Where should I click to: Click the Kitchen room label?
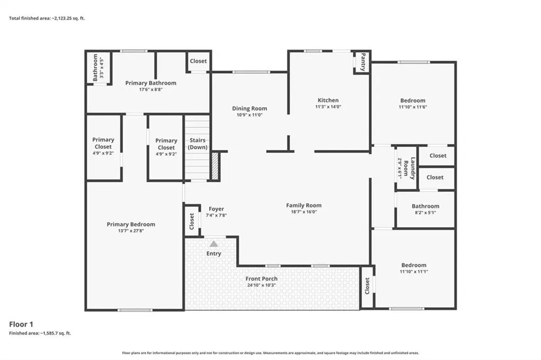(x=328, y=100)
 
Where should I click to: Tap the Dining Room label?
(x=249, y=108)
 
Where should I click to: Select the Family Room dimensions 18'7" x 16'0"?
(x=304, y=212)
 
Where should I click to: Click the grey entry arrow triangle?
(x=214, y=244)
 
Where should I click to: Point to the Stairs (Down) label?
(x=198, y=144)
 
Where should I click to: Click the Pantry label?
(x=363, y=62)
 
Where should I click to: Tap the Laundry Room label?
(x=409, y=168)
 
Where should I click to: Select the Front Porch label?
(x=262, y=279)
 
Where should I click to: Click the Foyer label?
(x=216, y=209)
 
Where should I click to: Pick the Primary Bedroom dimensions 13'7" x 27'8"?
(x=131, y=231)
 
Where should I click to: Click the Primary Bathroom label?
(x=151, y=83)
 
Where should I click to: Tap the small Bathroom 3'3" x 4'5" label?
(x=98, y=68)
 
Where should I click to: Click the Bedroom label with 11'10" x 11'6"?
(x=413, y=101)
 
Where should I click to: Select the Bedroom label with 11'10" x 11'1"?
(x=414, y=265)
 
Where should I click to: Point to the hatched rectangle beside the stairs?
(x=216, y=166)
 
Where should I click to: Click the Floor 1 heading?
(x=21, y=324)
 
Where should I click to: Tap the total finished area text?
(x=47, y=18)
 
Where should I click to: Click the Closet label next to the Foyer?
(x=192, y=221)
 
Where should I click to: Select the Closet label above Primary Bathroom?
(x=199, y=61)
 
